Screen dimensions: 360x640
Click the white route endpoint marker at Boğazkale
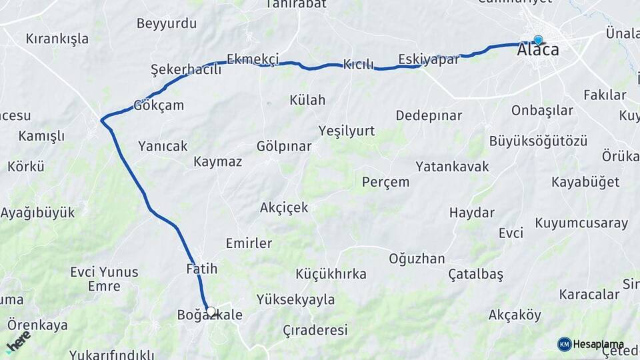(211, 311)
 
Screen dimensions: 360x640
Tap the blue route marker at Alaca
(538, 41)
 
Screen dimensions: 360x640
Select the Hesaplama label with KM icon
(587, 344)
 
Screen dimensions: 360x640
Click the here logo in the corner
(18, 341)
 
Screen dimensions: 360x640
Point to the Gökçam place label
(159, 105)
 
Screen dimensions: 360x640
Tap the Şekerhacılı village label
(186, 70)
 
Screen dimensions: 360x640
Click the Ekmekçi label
(253, 59)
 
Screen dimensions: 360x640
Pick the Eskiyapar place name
(429, 59)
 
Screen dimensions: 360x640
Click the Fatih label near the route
(202, 269)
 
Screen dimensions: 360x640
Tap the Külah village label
(307, 100)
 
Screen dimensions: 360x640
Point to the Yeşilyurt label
(347, 130)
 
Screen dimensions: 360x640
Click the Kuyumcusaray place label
(581, 223)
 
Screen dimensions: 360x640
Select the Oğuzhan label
(417, 259)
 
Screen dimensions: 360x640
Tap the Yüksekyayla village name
(295, 299)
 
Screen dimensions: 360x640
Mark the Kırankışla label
(57, 39)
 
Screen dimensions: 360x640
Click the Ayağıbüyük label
(37, 213)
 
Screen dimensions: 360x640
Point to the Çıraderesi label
(315, 330)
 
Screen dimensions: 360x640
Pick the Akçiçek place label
(284, 207)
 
